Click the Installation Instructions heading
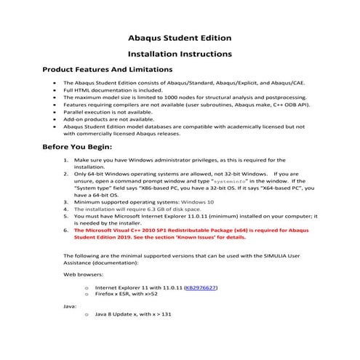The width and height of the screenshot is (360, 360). click(x=180, y=54)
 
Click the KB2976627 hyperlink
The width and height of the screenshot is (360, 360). click(x=201, y=288)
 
